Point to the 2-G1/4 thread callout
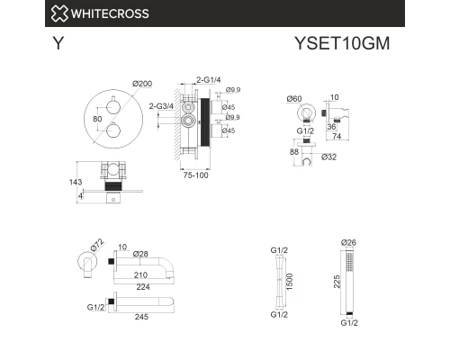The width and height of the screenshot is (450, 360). click(209, 80)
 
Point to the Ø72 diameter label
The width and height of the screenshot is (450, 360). click(96, 246)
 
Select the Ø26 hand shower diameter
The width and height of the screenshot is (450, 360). click(350, 242)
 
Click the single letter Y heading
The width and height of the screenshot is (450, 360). click(58, 44)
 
